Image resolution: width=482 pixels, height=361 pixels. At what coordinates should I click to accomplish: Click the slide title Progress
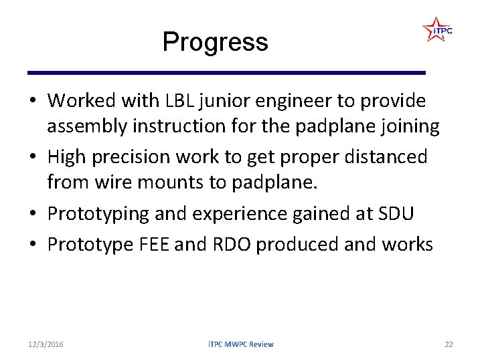[215, 42]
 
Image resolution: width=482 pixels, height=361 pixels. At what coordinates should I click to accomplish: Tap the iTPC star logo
[436, 30]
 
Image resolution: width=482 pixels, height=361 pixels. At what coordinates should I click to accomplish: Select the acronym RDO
[232, 245]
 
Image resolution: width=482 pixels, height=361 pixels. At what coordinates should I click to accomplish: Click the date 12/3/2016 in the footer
[46, 344]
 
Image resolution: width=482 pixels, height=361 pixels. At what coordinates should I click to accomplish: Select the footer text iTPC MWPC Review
[240, 344]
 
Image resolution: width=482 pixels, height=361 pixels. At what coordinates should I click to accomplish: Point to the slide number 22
[449, 344]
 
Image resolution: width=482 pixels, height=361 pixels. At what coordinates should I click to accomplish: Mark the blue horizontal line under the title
[226, 72]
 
